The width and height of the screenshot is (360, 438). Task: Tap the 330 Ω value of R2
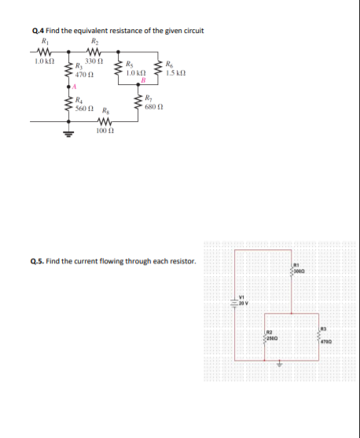click(95, 61)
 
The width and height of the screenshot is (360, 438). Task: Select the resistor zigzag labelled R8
click(101, 122)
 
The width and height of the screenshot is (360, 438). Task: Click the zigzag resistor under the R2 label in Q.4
click(95, 53)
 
